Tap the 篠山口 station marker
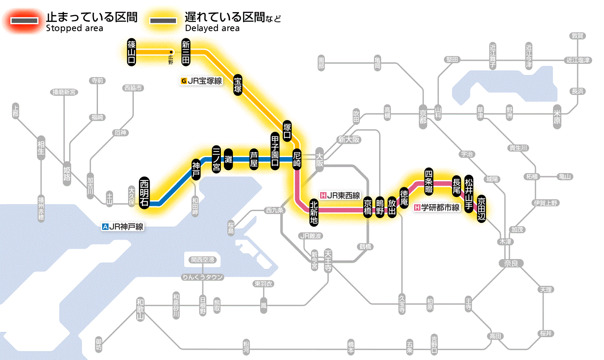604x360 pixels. [132, 52]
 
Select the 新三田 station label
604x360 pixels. [186, 52]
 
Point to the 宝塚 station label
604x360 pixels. [238, 85]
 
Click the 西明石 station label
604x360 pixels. [144, 193]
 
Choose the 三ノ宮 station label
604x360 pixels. [216, 159]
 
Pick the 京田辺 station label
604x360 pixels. [481, 208]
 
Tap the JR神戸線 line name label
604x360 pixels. [123, 226]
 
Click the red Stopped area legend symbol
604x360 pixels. [26, 20]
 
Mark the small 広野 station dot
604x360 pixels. [171, 52]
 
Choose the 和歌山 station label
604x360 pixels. [140, 309]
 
